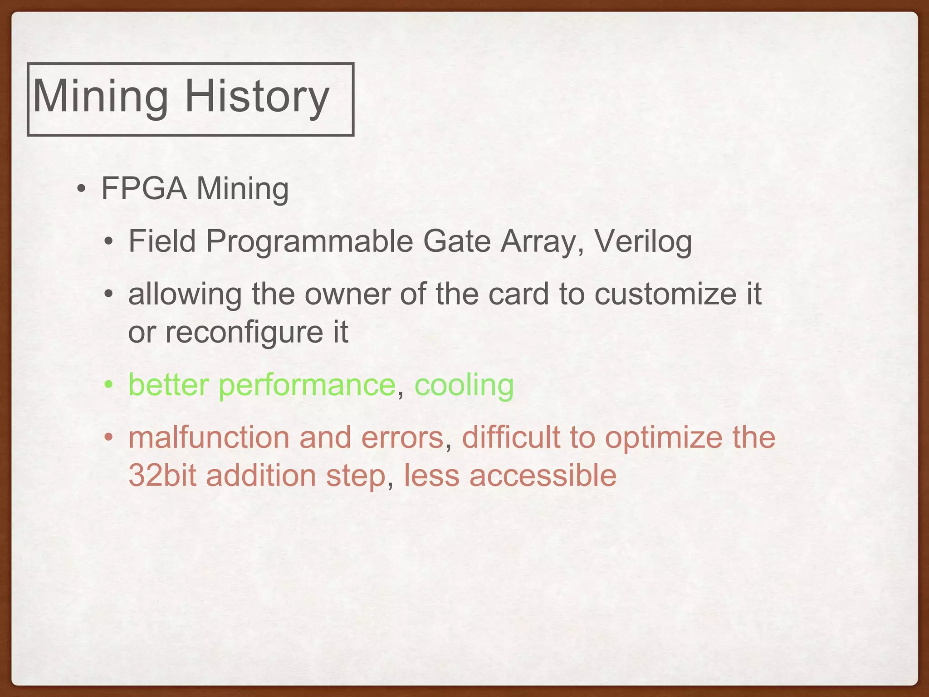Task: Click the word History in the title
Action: pyautogui.click(x=257, y=96)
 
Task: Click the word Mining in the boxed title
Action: pyautogui.click(x=101, y=96)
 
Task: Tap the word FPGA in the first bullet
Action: pyautogui.click(x=144, y=188)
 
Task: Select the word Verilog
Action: pyautogui.click(x=643, y=241)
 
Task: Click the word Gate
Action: pyautogui.click(x=457, y=241)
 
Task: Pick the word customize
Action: pyautogui.click(x=665, y=294)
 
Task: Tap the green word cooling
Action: pyautogui.click(x=464, y=385)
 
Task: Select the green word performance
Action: pyautogui.click(x=307, y=385)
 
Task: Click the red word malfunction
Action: pyautogui.click(x=209, y=437)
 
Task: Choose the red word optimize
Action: pyautogui.click(x=664, y=437)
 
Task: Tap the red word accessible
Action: pyautogui.click(x=543, y=476)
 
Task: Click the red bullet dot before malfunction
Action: pyautogui.click(x=108, y=438)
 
